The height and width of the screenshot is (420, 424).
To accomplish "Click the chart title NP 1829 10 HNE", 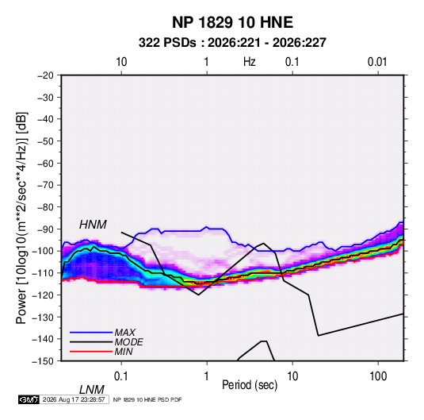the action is (232, 22).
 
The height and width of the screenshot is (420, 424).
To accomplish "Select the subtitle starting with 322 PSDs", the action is (232, 43).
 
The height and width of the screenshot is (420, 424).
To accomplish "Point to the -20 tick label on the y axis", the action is (45, 75).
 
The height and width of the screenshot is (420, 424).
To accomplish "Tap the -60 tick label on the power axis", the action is (45, 163).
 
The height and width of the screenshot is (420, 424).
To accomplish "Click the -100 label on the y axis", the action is (43, 251).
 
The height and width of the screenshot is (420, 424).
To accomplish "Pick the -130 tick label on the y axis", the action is (43, 317).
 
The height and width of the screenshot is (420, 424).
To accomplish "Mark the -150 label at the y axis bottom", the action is (43, 361).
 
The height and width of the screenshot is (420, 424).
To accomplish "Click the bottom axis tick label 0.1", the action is (121, 376).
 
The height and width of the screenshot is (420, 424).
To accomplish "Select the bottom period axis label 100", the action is (378, 376).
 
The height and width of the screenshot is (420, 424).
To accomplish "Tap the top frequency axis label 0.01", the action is (377, 62).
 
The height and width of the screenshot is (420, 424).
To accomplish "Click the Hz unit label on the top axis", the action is (250, 62).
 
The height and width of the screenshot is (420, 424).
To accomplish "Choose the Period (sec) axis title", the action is (250, 385).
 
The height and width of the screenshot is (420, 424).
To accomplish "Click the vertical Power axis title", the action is (21, 218).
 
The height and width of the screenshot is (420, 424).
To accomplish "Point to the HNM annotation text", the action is (93, 225).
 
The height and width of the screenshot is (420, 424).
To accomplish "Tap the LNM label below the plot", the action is (92, 390).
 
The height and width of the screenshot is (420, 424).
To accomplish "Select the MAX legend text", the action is (125, 332).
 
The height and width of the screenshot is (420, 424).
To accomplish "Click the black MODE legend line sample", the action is (91, 342).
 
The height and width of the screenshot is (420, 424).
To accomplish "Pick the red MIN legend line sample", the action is (91, 352).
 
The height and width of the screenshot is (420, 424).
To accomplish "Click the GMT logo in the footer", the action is (29, 399).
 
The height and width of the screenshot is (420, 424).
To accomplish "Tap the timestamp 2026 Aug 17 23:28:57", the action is (74, 399).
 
